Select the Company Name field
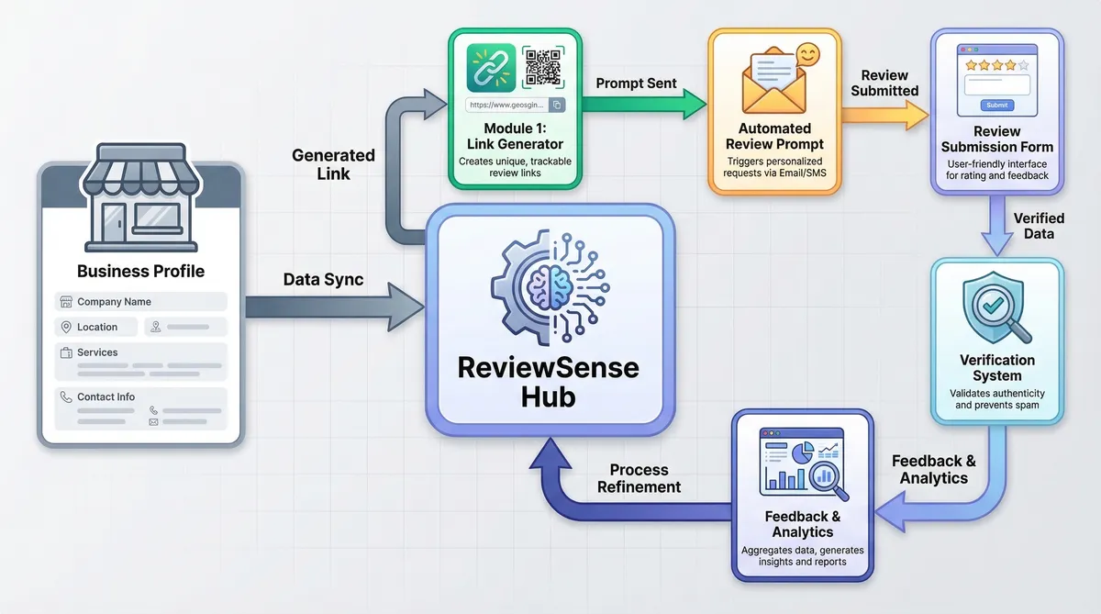coord(139,302)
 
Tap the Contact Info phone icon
coord(66,397)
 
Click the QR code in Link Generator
coord(543,67)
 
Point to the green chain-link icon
coord(491,67)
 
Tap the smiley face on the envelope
coord(808,54)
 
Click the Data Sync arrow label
coord(323,280)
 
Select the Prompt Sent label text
coord(636,84)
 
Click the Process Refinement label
coord(639,478)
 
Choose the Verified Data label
coord(1039,226)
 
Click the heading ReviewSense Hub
coord(549,384)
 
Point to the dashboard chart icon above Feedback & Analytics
coord(802,464)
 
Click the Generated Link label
coord(333,163)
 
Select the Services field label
coord(97,352)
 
